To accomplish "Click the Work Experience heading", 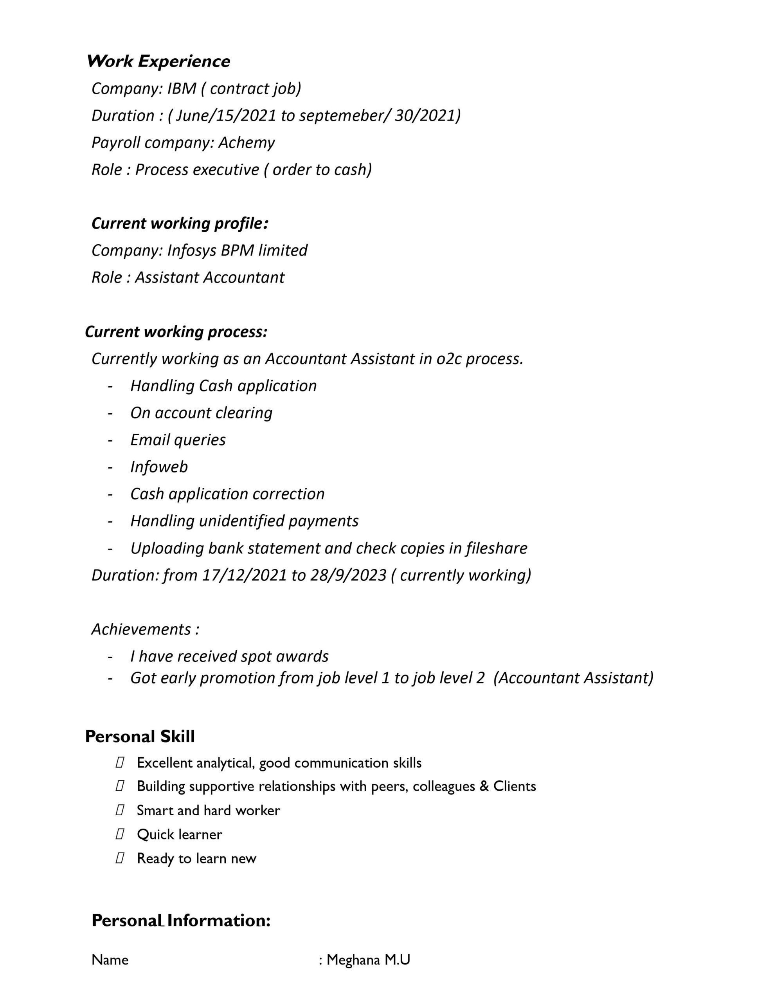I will tap(158, 61).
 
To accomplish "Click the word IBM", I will tap(182, 88).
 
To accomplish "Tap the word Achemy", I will tap(247, 143).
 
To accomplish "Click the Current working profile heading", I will tap(180, 223).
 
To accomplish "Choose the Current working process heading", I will tap(176, 332).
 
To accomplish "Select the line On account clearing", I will tap(202, 413).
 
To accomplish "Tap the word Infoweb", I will tap(159, 467).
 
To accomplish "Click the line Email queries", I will tap(178, 440).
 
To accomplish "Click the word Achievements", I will tap(141, 629).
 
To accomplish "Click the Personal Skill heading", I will tap(140, 737).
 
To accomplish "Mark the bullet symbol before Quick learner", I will tap(120, 834).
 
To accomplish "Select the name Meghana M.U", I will tap(368, 960).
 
